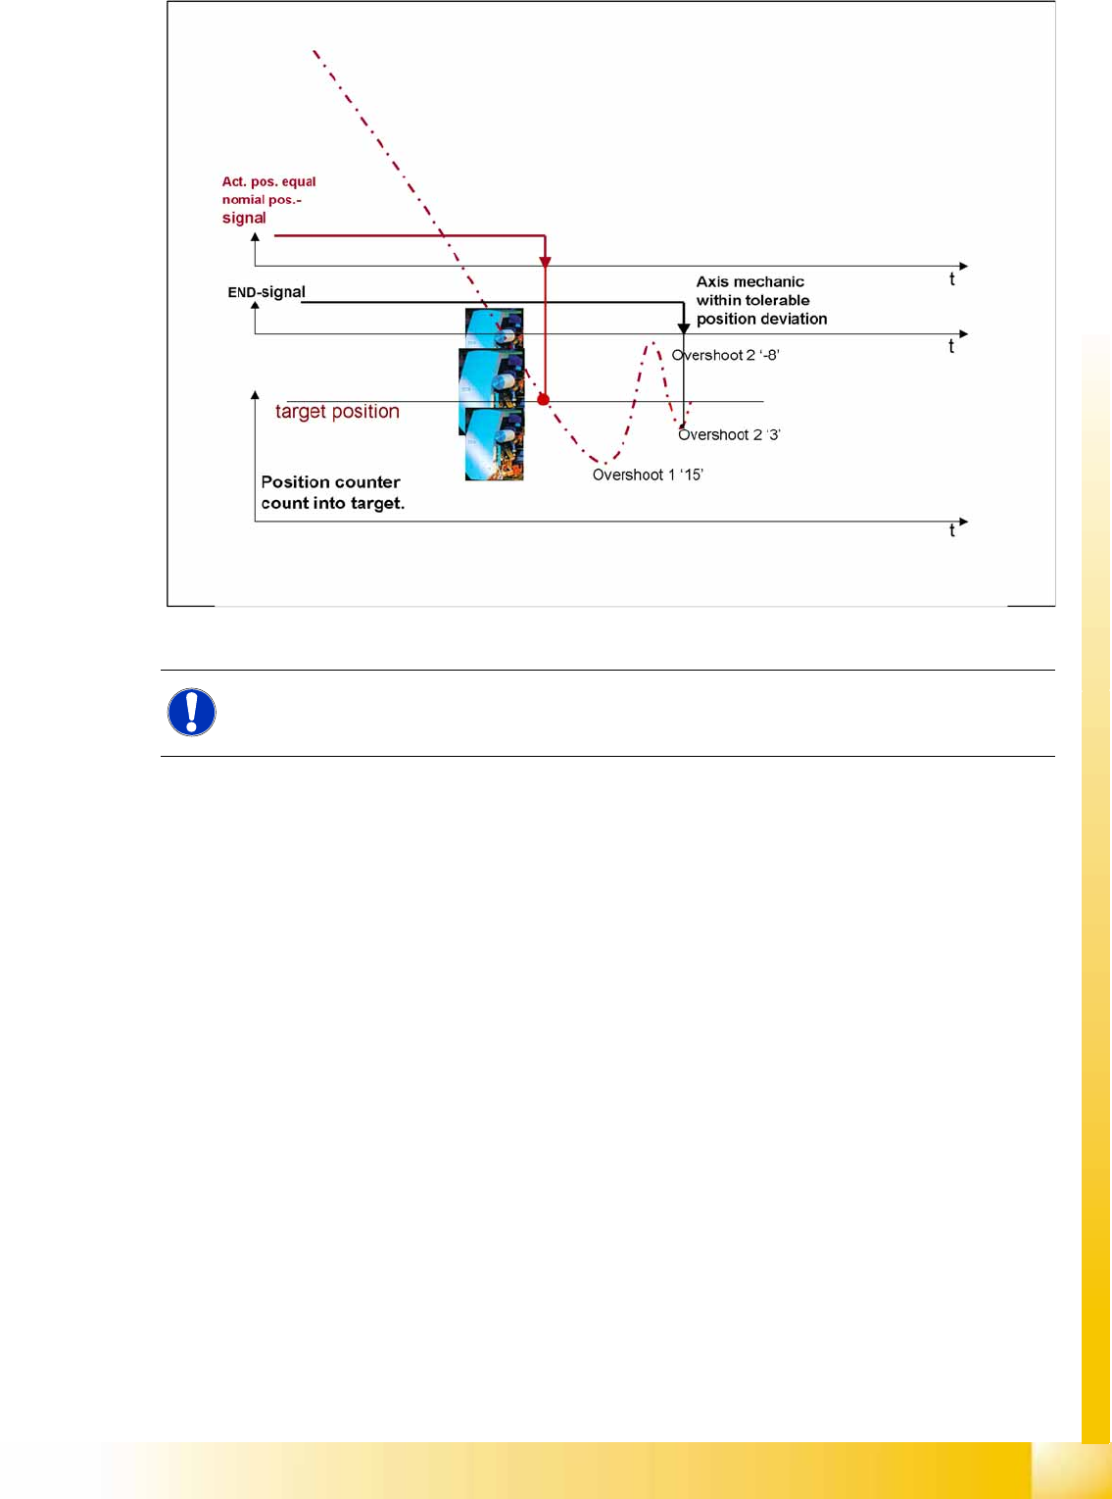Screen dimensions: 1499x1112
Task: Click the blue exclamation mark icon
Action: pyautogui.click(x=192, y=712)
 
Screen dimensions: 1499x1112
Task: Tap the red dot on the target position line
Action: pyautogui.click(x=543, y=400)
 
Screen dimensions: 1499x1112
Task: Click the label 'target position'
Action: pyautogui.click(x=337, y=412)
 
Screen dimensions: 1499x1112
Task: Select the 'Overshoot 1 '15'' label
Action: pyautogui.click(x=648, y=475)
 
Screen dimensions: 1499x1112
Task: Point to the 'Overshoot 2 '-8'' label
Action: pyautogui.click(x=725, y=356)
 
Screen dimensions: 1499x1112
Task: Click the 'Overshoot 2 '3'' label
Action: pyautogui.click(x=729, y=435)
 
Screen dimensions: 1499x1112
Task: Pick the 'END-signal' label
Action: pyautogui.click(x=266, y=292)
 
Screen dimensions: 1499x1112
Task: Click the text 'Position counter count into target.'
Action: pyautogui.click(x=332, y=493)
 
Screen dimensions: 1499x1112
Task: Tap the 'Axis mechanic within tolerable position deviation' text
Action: pyautogui.click(x=761, y=300)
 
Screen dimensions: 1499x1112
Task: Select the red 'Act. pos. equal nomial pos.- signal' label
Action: pyautogui.click(x=268, y=200)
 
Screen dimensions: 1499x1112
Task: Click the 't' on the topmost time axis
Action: pyautogui.click(x=951, y=279)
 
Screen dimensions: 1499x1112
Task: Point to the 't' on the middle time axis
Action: pyautogui.click(x=951, y=347)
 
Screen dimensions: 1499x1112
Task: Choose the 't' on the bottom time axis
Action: pyautogui.click(x=951, y=531)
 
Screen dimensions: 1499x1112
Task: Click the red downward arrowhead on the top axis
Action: pyautogui.click(x=546, y=262)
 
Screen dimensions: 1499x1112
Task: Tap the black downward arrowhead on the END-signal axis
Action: pyautogui.click(x=684, y=327)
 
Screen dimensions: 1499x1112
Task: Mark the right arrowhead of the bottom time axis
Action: pyautogui.click(x=964, y=522)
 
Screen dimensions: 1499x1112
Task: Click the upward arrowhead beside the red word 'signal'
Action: pyautogui.click(x=255, y=237)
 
